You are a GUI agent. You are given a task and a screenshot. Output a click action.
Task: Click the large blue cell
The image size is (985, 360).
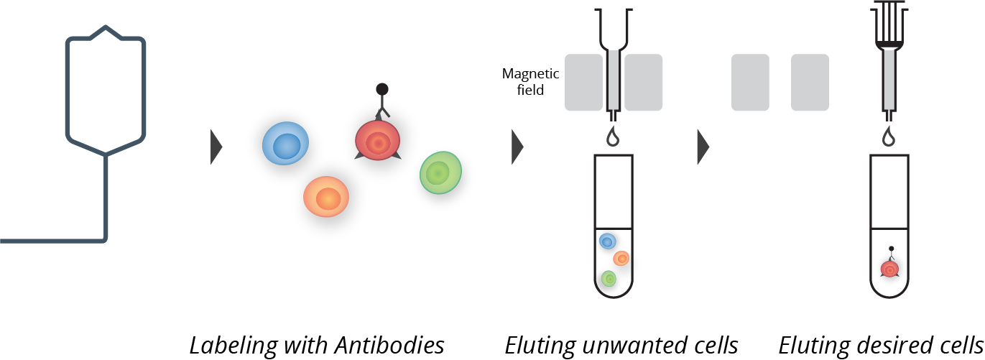tap(285, 144)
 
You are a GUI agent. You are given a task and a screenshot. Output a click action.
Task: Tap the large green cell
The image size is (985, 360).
tap(440, 172)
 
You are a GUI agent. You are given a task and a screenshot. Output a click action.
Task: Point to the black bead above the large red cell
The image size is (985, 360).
tap(382, 89)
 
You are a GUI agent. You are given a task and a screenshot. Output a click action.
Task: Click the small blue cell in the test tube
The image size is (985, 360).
tap(608, 241)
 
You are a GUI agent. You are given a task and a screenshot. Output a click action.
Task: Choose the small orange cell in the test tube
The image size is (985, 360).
tap(621, 258)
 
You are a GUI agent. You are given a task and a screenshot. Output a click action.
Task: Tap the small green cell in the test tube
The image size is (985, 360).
tap(609, 278)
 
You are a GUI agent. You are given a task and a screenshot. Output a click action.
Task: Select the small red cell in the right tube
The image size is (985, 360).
tap(889, 269)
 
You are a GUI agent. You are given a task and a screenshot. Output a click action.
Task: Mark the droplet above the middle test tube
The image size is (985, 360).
tap(613, 137)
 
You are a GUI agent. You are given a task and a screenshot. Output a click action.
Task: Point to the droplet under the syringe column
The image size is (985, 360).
tap(889, 137)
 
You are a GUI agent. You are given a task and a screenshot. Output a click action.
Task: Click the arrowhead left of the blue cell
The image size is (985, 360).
tap(216, 147)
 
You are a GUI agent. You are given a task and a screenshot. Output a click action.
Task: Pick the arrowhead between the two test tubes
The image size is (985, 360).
tap(703, 147)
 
